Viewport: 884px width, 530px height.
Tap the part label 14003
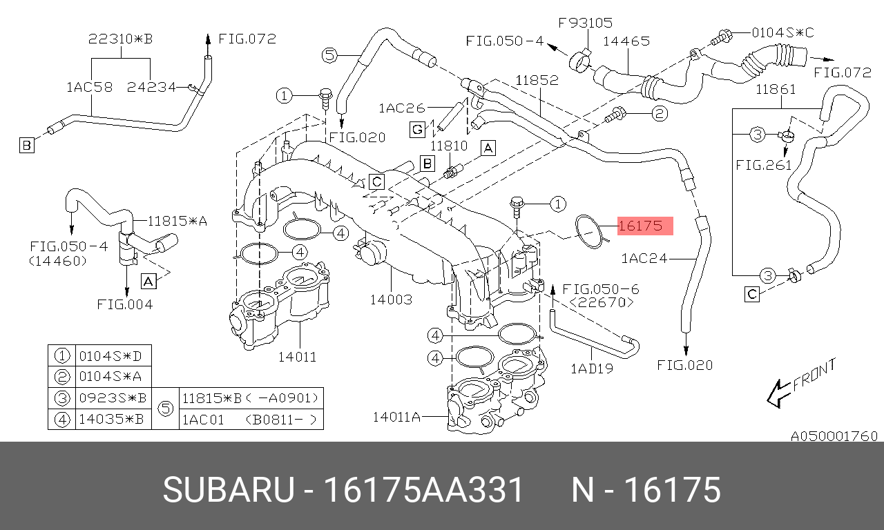click(x=391, y=300)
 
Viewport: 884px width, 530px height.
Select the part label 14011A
click(x=396, y=416)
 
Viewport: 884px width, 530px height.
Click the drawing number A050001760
click(x=834, y=436)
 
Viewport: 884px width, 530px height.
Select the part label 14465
click(x=626, y=41)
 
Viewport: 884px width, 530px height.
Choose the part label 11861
click(x=776, y=89)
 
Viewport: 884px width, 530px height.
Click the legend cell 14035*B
click(x=113, y=419)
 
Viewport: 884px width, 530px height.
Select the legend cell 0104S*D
click(x=113, y=356)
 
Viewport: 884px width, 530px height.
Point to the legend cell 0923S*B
click(x=113, y=398)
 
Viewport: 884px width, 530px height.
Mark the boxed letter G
click(x=416, y=129)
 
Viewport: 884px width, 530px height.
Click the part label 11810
click(x=450, y=146)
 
